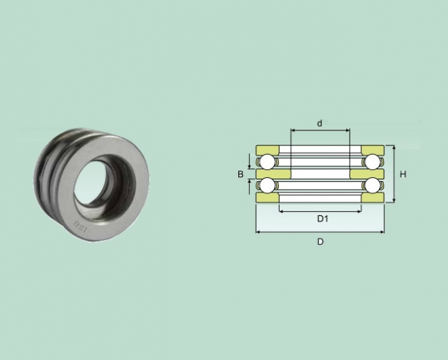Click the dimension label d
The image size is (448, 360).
[x=320, y=123]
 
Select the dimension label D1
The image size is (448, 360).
[x=322, y=219]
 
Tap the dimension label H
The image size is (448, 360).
[x=403, y=174]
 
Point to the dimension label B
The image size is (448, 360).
[x=240, y=174]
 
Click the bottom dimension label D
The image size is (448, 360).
[x=320, y=242]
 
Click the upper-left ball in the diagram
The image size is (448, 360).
[x=267, y=162]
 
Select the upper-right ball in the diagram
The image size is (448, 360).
[x=372, y=162]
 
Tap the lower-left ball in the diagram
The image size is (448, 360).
[x=267, y=185]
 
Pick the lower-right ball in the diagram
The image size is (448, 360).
[x=372, y=185]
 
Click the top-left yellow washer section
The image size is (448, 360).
[x=267, y=150]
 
